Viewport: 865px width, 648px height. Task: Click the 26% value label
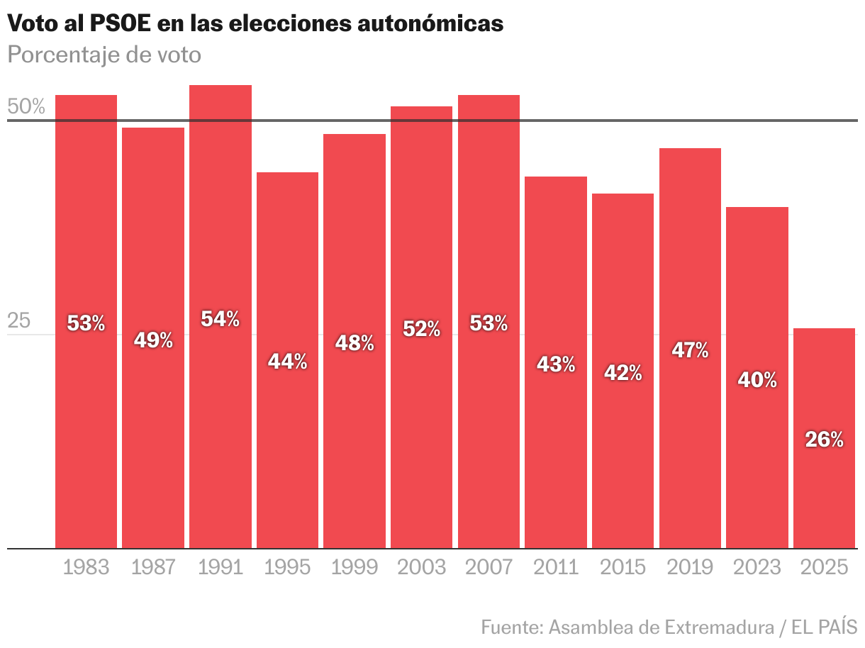click(824, 440)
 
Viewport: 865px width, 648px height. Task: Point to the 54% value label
click(220, 319)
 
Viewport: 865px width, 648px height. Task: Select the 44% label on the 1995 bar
click(287, 362)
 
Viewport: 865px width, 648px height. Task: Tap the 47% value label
click(690, 350)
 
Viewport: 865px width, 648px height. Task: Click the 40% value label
click(757, 380)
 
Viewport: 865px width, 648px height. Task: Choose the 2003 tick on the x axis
click(421, 567)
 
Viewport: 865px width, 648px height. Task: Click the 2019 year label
click(690, 567)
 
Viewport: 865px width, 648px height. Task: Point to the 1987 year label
click(153, 567)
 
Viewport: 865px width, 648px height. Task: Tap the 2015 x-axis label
click(623, 567)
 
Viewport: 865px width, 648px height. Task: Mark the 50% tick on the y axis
click(26, 107)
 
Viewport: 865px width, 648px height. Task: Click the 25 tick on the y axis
click(20, 321)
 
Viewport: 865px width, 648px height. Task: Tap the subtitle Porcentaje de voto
click(104, 55)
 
